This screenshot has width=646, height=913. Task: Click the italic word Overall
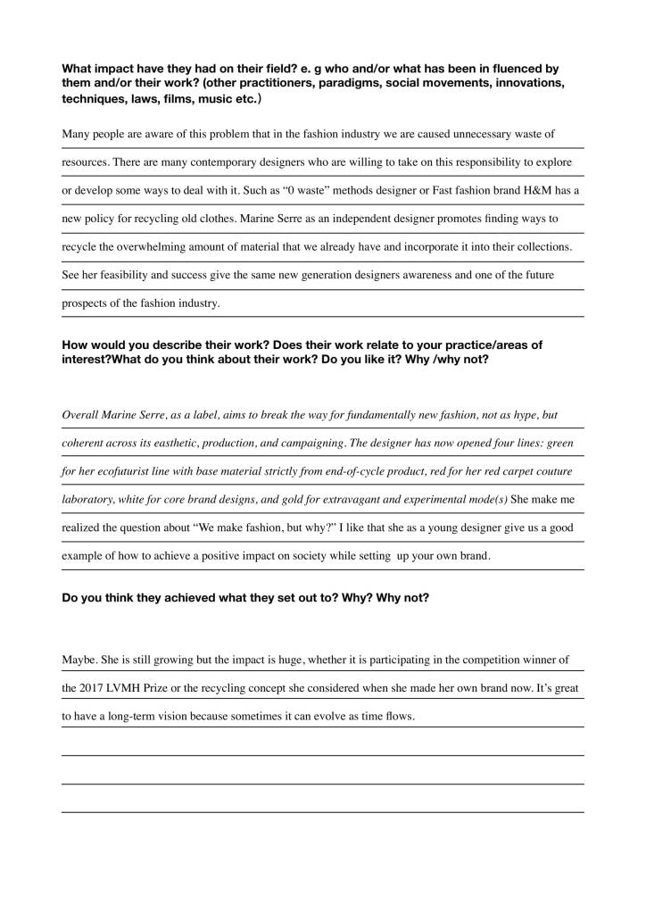tap(80, 416)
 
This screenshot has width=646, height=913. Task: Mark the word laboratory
tap(87, 499)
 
